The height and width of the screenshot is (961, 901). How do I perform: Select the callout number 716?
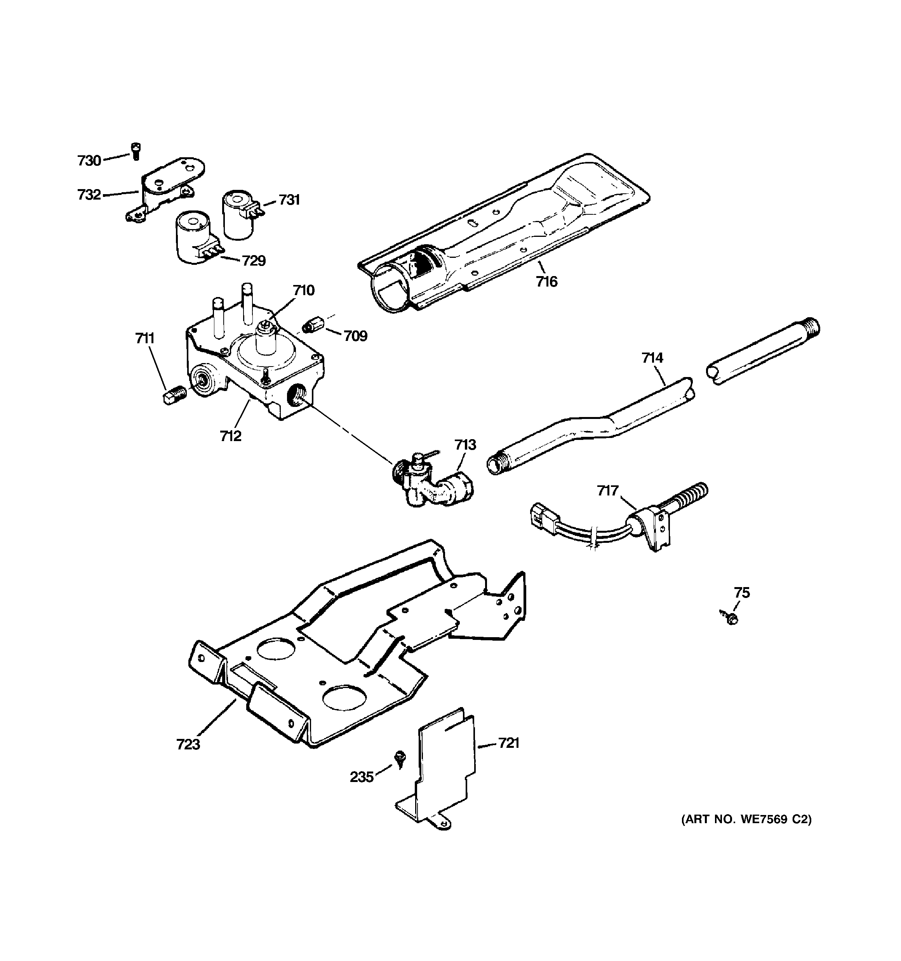(546, 282)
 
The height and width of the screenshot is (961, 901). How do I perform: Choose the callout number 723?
(188, 744)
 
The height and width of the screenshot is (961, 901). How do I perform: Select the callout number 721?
(509, 743)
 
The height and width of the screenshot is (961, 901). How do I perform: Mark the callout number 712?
(230, 436)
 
